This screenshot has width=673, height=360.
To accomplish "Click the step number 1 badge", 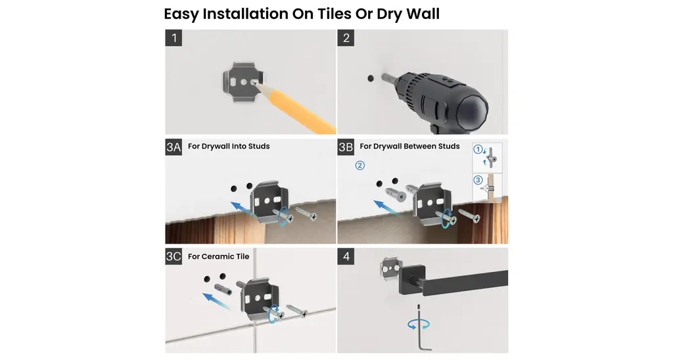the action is point(174,37).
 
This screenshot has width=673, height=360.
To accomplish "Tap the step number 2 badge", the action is point(346,37).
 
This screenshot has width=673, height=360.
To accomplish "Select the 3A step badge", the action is point(174,147).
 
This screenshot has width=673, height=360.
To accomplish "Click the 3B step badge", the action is point(346,147).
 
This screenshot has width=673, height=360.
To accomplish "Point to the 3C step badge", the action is point(174,257).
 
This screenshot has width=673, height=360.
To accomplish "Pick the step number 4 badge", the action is point(346,257).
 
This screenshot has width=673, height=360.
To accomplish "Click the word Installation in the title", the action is point(245,14).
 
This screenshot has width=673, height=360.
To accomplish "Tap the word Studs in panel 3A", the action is point(259,146).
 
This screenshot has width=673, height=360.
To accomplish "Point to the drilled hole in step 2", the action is point(371,79).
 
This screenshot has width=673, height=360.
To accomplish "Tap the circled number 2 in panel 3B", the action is point(360,165).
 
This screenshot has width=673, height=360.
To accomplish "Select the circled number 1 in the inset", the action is point(478,149).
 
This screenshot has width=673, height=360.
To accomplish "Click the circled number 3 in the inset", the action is point(478,180).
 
